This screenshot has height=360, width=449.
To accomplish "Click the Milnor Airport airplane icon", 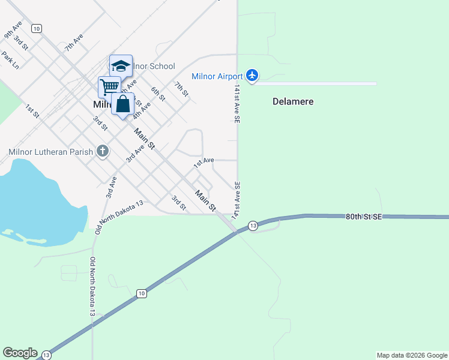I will click(x=252, y=76).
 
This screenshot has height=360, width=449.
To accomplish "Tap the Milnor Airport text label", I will click(x=217, y=76).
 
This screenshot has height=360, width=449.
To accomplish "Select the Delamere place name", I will click(x=293, y=101).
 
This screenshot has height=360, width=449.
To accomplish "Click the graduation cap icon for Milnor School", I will click(x=121, y=65).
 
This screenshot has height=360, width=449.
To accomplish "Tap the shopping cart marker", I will click(x=109, y=86).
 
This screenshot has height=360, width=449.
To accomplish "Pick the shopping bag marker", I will click(x=123, y=104).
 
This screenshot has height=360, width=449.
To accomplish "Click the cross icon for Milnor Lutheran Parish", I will click(x=103, y=151).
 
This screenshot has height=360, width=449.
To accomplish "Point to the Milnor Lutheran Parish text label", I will click(x=51, y=151).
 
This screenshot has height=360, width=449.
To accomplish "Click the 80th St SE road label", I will click(x=364, y=217).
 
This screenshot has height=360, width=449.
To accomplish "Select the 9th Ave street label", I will click(x=13, y=30).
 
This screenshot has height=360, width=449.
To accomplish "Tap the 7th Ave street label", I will click(x=74, y=43).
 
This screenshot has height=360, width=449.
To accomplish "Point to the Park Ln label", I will click(x=10, y=60).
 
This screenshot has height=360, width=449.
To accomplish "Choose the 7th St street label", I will click(x=181, y=89).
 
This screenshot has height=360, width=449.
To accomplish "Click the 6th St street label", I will click(x=158, y=94).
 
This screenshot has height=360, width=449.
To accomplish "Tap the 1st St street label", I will click(x=32, y=111).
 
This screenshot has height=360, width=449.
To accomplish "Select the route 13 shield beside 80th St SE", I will click(x=253, y=226).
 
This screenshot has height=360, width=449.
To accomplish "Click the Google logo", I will click(x=20, y=353).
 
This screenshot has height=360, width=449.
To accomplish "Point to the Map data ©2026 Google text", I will click(x=412, y=355).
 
